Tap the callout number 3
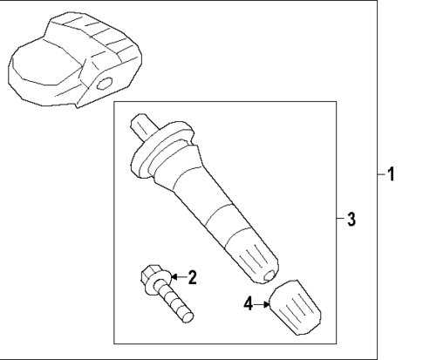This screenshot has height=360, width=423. [x=351, y=219]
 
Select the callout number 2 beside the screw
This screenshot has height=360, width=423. [x=193, y=278]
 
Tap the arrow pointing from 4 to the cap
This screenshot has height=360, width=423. [x=261, y=304]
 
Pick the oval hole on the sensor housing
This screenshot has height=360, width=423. [x=106, y=85]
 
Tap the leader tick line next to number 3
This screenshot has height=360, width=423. [x=339, y=219]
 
